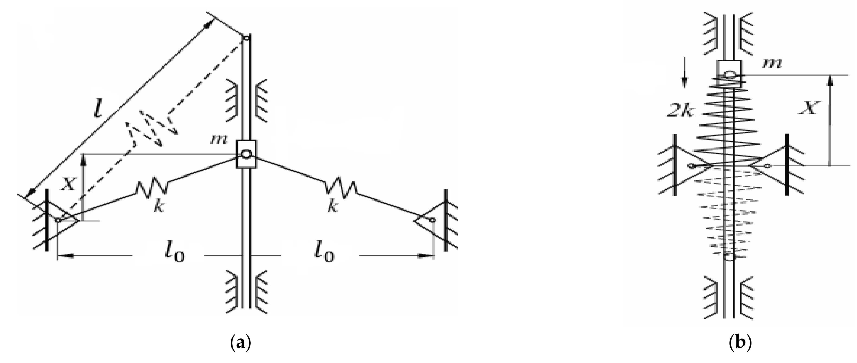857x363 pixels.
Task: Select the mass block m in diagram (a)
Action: click(246, 154)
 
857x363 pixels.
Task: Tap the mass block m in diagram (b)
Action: click(729, 74)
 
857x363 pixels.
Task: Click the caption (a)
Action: click(240, 342)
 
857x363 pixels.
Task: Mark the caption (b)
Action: click(740, 342)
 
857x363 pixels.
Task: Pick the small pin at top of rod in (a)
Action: click(246, 38)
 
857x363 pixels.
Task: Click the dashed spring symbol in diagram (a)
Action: click(151, 128)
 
